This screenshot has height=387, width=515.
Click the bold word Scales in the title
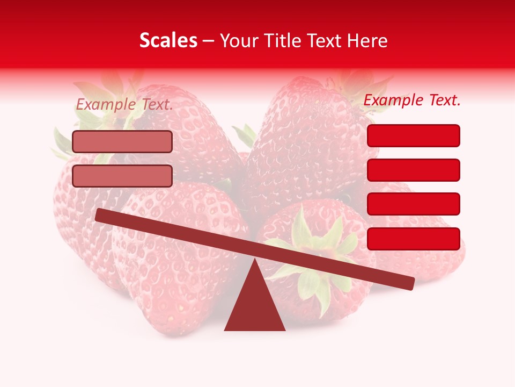click(x=168, y=41)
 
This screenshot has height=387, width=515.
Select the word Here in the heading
click(x=367, y=41)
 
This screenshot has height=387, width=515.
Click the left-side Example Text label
click(x=124, y=105)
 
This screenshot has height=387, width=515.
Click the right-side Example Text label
click(x=412, y=100)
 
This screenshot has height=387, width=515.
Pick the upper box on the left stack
click(x=122, y=142)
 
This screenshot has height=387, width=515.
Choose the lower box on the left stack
click(x=122, y=176)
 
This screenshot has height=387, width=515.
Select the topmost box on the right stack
click(x=413, y=135)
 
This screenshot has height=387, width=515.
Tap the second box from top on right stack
click(x=413, y=170)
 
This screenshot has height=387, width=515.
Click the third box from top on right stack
click(x=413, y=204)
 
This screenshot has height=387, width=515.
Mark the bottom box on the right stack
click(x=413, y=239)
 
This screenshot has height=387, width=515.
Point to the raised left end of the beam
click(x=101, y=216)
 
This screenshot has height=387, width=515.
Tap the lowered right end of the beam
click(x=408, y=283)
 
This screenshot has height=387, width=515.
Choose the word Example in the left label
click(x=106, y=105)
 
